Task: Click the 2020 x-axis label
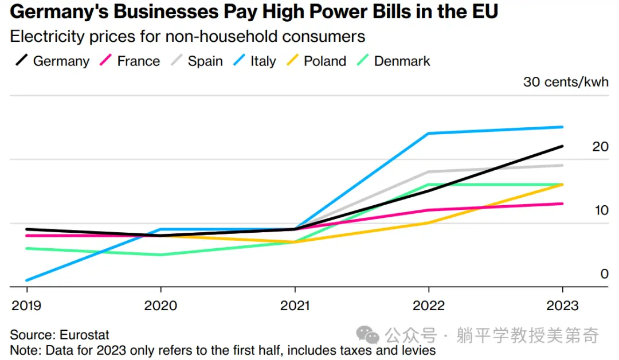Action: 160,306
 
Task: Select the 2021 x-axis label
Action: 295,306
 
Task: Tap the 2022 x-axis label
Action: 429,306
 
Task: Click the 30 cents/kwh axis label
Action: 566,82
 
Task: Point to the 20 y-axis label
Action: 600,147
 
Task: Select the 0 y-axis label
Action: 604,274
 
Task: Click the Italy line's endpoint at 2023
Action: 562,127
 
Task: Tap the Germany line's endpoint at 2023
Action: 562,146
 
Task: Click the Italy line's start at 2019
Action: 27,280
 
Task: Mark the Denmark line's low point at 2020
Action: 160,255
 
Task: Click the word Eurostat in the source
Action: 84,335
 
